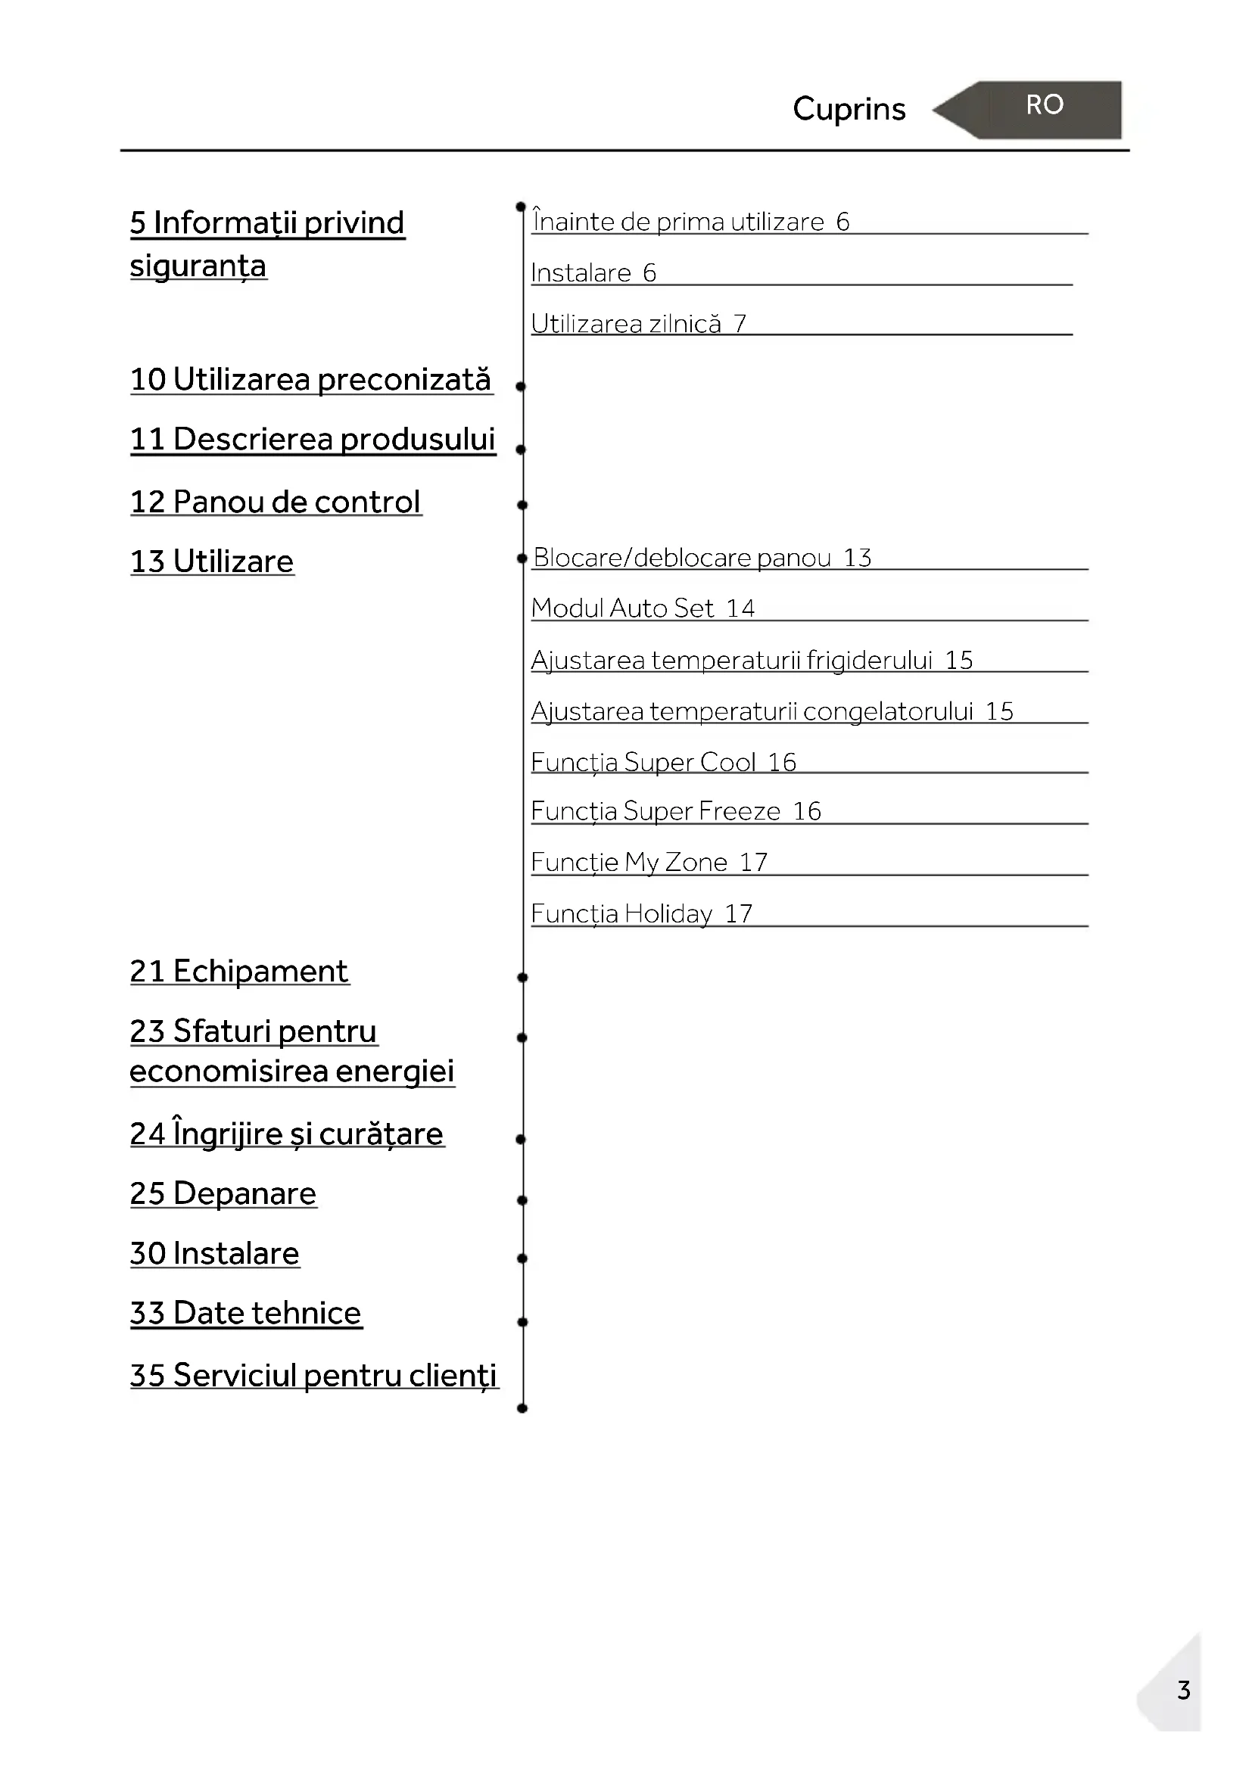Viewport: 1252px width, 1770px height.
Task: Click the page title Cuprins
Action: [x=849, y=109]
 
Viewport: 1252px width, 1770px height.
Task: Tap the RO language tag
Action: [x=1045, y=105]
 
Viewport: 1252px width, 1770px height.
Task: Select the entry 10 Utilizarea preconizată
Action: [x=310, y=379]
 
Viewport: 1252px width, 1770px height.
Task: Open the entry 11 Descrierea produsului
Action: [x=312, y=439]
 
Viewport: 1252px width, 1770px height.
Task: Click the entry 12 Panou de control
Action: [x=276, y=502]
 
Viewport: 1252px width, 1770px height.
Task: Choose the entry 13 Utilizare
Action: [x=212, y=561]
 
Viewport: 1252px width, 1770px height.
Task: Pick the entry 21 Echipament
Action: [x=239, y=972]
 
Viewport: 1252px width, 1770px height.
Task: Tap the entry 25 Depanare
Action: [x=223, y=1193]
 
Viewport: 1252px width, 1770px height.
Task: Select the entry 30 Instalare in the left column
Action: [x=214, y=1253]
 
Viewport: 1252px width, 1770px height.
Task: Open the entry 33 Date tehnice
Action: [x=245, y=1313]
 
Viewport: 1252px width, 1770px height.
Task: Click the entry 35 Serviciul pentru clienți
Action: [x=313, y=1375]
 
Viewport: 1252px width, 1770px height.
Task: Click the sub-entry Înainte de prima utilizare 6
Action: [x=691, y=222]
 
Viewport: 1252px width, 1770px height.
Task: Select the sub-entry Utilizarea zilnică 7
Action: [x=638, y=324]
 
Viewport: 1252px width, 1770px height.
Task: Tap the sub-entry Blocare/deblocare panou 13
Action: [x=702, y=558]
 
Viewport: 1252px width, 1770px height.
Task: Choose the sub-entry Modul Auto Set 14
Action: [x=643, y=608]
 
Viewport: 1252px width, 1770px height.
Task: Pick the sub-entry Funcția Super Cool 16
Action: [x=663, y=763]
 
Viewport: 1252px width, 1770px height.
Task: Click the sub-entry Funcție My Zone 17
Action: [x=649, y=862]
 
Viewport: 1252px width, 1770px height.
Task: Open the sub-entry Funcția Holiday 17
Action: [x=641, y=913]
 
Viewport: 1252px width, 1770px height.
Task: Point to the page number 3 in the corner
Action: [x=1183, y=1690]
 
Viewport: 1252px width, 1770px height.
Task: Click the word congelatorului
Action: [x=888, y=711]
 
